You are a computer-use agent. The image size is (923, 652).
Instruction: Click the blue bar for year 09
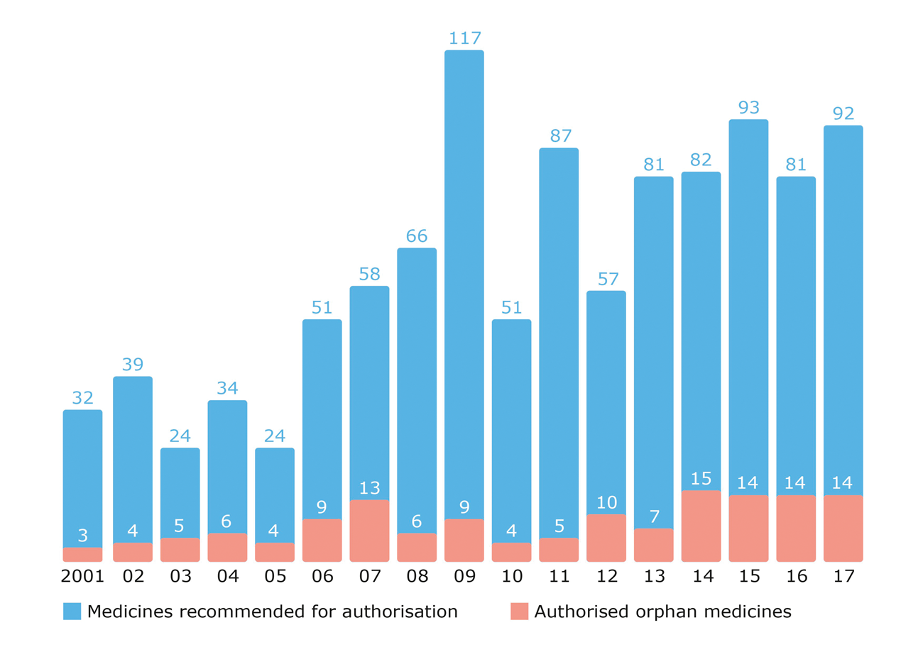pyautogui.click(x=464, y=284)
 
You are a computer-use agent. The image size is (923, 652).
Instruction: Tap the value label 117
pyautogui.click(x=464, y=38)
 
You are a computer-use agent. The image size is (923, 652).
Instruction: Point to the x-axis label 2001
pyautogui.click(x=82, y=577)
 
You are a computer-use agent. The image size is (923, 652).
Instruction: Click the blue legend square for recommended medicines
pyautogui.click(x=72, y=611)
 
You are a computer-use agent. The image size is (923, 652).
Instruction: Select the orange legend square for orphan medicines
pyautogui.click(x=519, y=611)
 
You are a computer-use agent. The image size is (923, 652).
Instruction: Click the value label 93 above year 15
pyautogui.click(x=748, y=107)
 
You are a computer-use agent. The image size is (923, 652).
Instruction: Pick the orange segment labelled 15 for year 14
pyautogui.click(x=701, y=526)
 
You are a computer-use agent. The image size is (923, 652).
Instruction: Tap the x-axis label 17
pyautogui.click(x=843, y=577)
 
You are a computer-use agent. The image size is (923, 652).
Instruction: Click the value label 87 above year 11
pyautogui.click(x=559, y=136)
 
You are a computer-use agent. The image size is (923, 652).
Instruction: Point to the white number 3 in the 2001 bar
pyautogui.click(x=82, y=536)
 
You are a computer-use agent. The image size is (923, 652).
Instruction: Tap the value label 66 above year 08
pyautogui.click(x=417, y=236)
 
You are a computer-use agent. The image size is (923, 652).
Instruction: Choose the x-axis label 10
pyautogui.click(x=512, y=577)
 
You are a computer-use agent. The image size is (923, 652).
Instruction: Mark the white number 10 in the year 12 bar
pyautogui.click(x=606, y=502)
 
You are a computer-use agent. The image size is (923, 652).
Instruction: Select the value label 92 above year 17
pyautogui.click(x=843, y=114)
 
